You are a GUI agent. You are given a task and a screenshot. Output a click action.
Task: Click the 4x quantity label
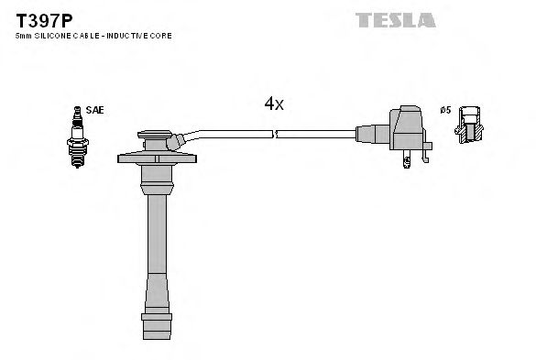[274, 104]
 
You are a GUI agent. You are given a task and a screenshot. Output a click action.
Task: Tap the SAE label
[94, 110]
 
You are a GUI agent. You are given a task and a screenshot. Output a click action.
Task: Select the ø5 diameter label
[445, 110]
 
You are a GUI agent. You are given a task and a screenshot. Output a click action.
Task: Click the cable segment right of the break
[316, 134]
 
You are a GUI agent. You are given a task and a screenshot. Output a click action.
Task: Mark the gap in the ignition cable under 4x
[275, 134]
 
